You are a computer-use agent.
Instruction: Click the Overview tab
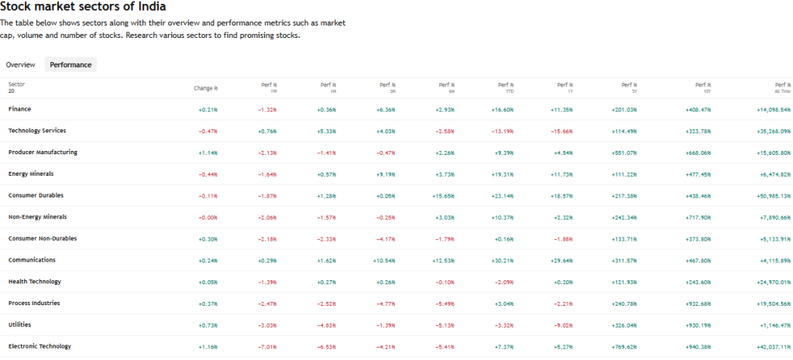[20, 65]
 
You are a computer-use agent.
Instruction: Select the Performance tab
[70, 65]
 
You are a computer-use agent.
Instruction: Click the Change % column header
[205, 87]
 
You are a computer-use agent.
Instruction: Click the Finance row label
[20, 109]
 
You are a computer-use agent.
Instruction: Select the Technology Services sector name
[37, 131]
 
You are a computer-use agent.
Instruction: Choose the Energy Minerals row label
[31, 174]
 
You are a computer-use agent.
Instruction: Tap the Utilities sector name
[19, 324]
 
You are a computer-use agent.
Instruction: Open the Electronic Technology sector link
[39, 346]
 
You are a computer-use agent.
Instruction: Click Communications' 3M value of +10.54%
[384, 260]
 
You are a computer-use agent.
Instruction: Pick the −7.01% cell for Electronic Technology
[266, 346]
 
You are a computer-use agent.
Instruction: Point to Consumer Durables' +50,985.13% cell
[771, 196]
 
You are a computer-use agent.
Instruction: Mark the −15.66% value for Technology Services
[561, 131]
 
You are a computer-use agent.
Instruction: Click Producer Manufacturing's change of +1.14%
[208, 153]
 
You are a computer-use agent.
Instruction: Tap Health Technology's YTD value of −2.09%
[503, 282]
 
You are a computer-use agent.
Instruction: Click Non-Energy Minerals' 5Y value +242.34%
[623, 217]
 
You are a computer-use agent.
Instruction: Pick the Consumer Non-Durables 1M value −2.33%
[326, 238]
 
